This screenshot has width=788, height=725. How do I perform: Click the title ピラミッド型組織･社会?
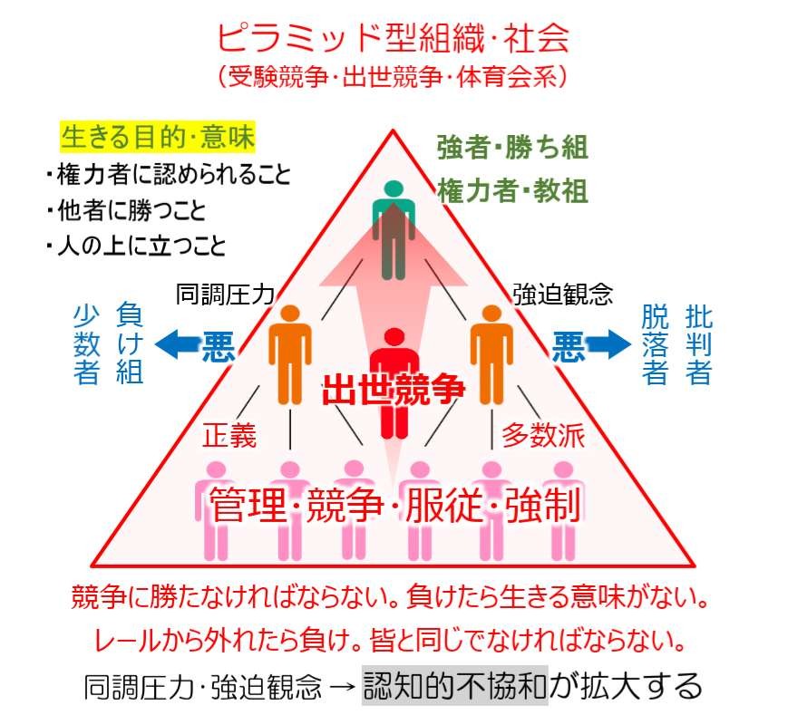pyautogui.click(x=394, y=38)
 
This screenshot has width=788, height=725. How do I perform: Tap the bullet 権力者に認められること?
pyautogui.click(x=169, y=174)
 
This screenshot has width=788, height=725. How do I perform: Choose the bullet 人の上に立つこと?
pyautogui.click(x=135, y=246)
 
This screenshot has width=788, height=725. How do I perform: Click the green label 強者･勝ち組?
pyautogui.click(x=512, y=146)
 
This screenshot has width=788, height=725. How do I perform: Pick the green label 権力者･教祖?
pyautogui.click(x=512, y=190)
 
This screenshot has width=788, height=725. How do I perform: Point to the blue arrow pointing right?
pyautogui.click(x=608, y=343)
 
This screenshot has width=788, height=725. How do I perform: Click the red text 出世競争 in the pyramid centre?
pyautogui.click(x=394, y=388)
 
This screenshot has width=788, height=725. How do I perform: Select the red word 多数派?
pyautogui.click(x=543, y=436)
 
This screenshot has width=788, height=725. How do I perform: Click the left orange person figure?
pyautogui.click(x=290, y=353)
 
